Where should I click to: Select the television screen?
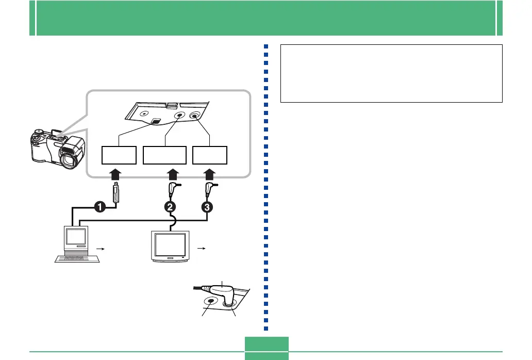pos(170,245)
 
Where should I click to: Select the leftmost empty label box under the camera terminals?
pos(119,155)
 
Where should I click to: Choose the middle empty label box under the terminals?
pos(164,155)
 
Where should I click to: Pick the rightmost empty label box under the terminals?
pos(210,155)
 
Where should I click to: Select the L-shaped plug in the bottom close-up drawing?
pos(225,296)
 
